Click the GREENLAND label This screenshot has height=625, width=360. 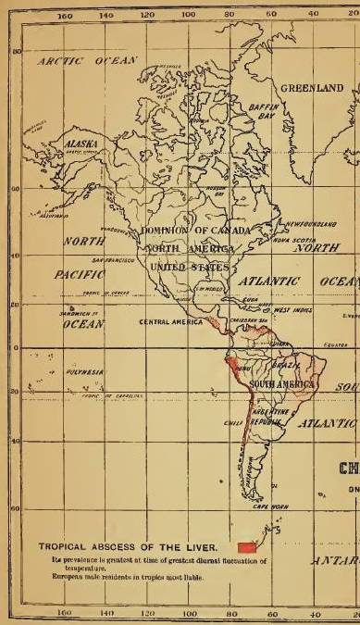(x=312, y=88)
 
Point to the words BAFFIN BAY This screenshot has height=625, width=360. (x=263, y=116)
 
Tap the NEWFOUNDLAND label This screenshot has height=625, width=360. (x=309, y=224)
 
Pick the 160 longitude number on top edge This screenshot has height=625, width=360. (x=65, y=17)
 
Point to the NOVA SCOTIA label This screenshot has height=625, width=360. (x=290, y=239)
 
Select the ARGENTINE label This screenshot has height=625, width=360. (x=279, y=408)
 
